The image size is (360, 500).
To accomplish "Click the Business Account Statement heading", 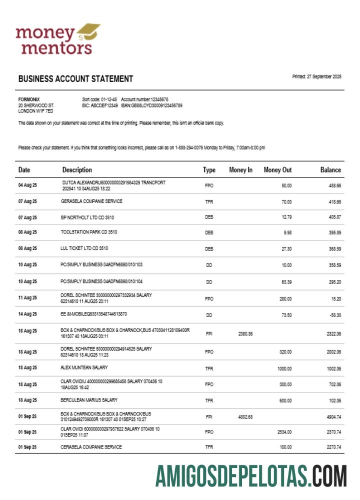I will (x=75, y=79).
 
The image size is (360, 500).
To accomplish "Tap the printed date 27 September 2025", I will (x=316, y=76).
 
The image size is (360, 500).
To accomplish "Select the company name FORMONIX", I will (x=28, y=99).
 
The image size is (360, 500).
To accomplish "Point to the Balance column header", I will (x=330, y=170).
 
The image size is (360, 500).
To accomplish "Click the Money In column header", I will (x=240, y=170).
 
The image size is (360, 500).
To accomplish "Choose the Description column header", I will (x=77, y=170).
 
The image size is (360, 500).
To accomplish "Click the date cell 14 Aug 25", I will (x=27, y=314).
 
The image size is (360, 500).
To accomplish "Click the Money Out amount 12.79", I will (x=286, y=217).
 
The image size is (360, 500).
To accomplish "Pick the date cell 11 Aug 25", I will (x=27, y=298).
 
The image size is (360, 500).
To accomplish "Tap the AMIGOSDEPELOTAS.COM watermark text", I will (x=250, y=475).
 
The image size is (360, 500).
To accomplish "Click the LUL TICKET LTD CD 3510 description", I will (x=84, y=248).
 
